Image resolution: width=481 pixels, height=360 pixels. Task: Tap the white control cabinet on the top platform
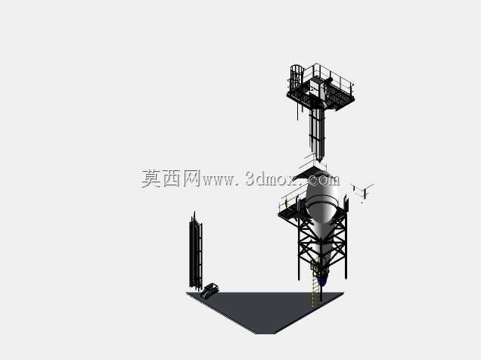tap(315, 85)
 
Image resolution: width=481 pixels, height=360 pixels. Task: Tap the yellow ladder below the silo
tap(314, 286)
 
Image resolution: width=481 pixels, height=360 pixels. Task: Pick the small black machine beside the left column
tap(209, 290)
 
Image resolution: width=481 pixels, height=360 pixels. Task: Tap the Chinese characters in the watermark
tap(171, 178)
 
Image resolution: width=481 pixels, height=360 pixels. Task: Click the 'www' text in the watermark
tap(218, 181)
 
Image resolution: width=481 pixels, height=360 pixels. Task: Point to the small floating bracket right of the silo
tap(362, 191)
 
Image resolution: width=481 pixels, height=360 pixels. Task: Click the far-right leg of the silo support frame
tap(346, 245)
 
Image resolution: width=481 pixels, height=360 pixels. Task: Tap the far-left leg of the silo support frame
tap(299, 248)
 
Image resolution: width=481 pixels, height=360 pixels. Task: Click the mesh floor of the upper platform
tap(321, 96)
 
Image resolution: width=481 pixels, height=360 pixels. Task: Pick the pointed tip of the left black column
tap(194, 213)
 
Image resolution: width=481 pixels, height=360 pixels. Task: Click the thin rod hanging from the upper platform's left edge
tap(297, 110)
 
